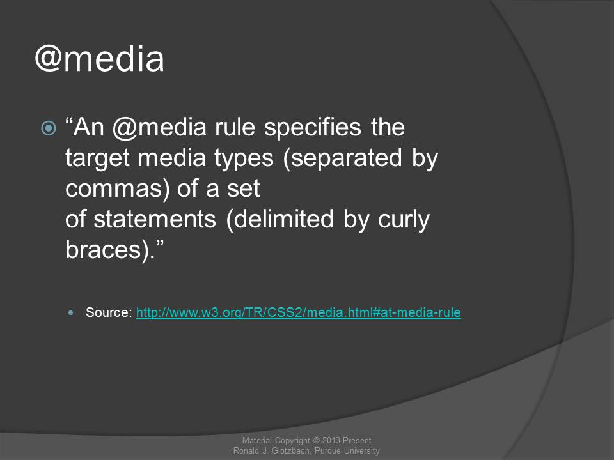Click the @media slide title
pyautogui.click(x=100, y=59)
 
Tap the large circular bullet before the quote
pyautogui.click(x=49, y=128)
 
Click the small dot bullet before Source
pyautogui.click(x=70, y=312)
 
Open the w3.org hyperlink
pyautogui.click(x=299, y=312)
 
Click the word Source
pyautogui.click(x=107, y=312)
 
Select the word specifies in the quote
pyautogui.click(x=313, y=128)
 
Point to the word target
pyautogui.click(x=97, y=158)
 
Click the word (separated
pyautogui.click(x=342, y=158)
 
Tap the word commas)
pyautogui.click(x=118, y=188)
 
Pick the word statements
pyautogui.click(x=155, y=219)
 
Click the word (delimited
pyautogui.click(x=279, y=219)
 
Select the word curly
pyautogui.click(x=404, y=220)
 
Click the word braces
pyautogui.click(x=103, y=250)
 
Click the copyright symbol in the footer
pyautogui.click(x=316, y=440)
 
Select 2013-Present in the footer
pyautogui.click(x=347, y=440)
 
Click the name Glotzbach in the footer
pyautogui.click(x=291, y=451)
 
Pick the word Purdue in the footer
pyautogui.click(x=328, y=451)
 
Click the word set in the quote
pyautogui.click(x=244, y=189)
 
